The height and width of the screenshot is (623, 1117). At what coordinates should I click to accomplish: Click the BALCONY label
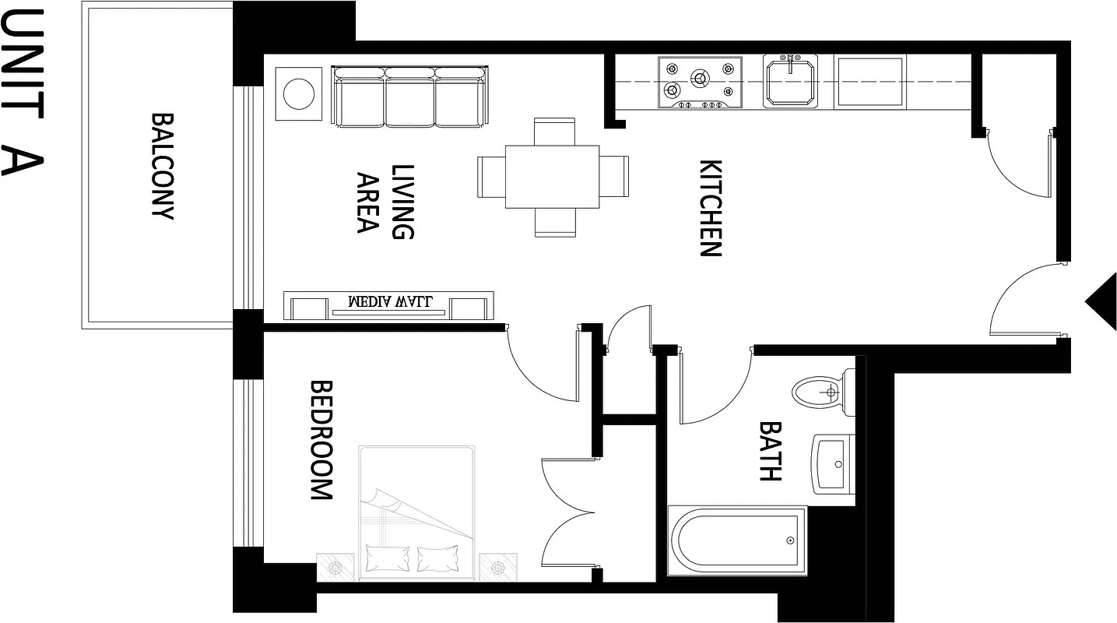click(162, 167)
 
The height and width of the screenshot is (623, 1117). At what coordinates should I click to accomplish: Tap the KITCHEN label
click(711, 208)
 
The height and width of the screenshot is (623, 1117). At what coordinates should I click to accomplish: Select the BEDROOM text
click(321, 440)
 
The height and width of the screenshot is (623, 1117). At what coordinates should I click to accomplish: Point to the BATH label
click(770, 452)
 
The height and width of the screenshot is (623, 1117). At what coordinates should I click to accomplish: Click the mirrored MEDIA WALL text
click(389, 301)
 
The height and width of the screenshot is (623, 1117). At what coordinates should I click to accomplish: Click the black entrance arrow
click(1102, 302)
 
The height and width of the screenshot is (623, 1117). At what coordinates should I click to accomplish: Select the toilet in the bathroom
click(821, 392)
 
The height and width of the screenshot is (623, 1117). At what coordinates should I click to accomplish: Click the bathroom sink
click(832, 464)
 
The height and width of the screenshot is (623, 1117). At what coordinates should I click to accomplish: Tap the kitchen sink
click(790, 81)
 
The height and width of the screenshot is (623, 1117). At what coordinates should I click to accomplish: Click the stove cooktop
click(698, 81)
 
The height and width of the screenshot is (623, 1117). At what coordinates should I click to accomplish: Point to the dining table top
click(552, 177)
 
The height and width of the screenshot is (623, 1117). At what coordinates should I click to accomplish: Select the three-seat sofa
click(409, 97)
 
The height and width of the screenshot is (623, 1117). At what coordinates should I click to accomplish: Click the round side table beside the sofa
click(298, 94)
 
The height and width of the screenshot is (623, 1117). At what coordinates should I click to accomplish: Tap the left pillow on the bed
click(387, 558)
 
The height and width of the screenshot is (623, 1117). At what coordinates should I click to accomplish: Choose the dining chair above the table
click(554, 130)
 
